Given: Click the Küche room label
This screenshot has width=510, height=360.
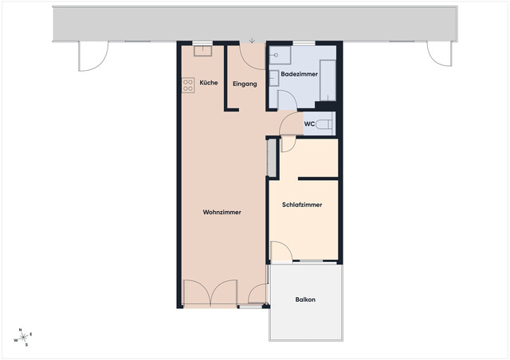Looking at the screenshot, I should (x=209, y=83).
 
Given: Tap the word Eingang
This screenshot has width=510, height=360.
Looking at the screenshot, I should (x=245, y=84).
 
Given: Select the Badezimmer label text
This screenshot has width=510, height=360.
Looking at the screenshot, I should (x=300, y=74).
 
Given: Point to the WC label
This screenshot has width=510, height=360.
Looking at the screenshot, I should (x=310, y=123).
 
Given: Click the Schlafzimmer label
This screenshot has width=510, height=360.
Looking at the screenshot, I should (x=302, y=205).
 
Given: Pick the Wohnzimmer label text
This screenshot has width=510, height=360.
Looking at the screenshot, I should (x=222, y=212).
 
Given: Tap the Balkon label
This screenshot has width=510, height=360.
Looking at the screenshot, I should (x=305, y=299).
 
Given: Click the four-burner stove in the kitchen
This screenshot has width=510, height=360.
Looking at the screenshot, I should (x=188, y=84).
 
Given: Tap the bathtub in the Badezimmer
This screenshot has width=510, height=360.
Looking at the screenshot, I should (x=328, y=80).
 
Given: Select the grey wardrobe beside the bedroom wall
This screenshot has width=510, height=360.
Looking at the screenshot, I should (x=272, y=157).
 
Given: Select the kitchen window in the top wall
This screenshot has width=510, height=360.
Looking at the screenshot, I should (x=202, y=42).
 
